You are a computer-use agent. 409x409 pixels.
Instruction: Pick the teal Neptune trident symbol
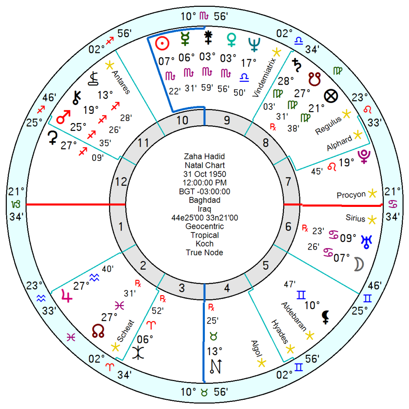[254, 44]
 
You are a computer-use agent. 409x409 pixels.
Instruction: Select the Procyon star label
[351, 195]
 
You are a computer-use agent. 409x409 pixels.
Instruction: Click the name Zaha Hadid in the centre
[204, 157]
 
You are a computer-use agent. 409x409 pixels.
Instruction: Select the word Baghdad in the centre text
[204, 200]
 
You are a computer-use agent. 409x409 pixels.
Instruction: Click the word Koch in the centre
[204, 244]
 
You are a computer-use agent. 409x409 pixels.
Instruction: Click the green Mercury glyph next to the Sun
[185, 39]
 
